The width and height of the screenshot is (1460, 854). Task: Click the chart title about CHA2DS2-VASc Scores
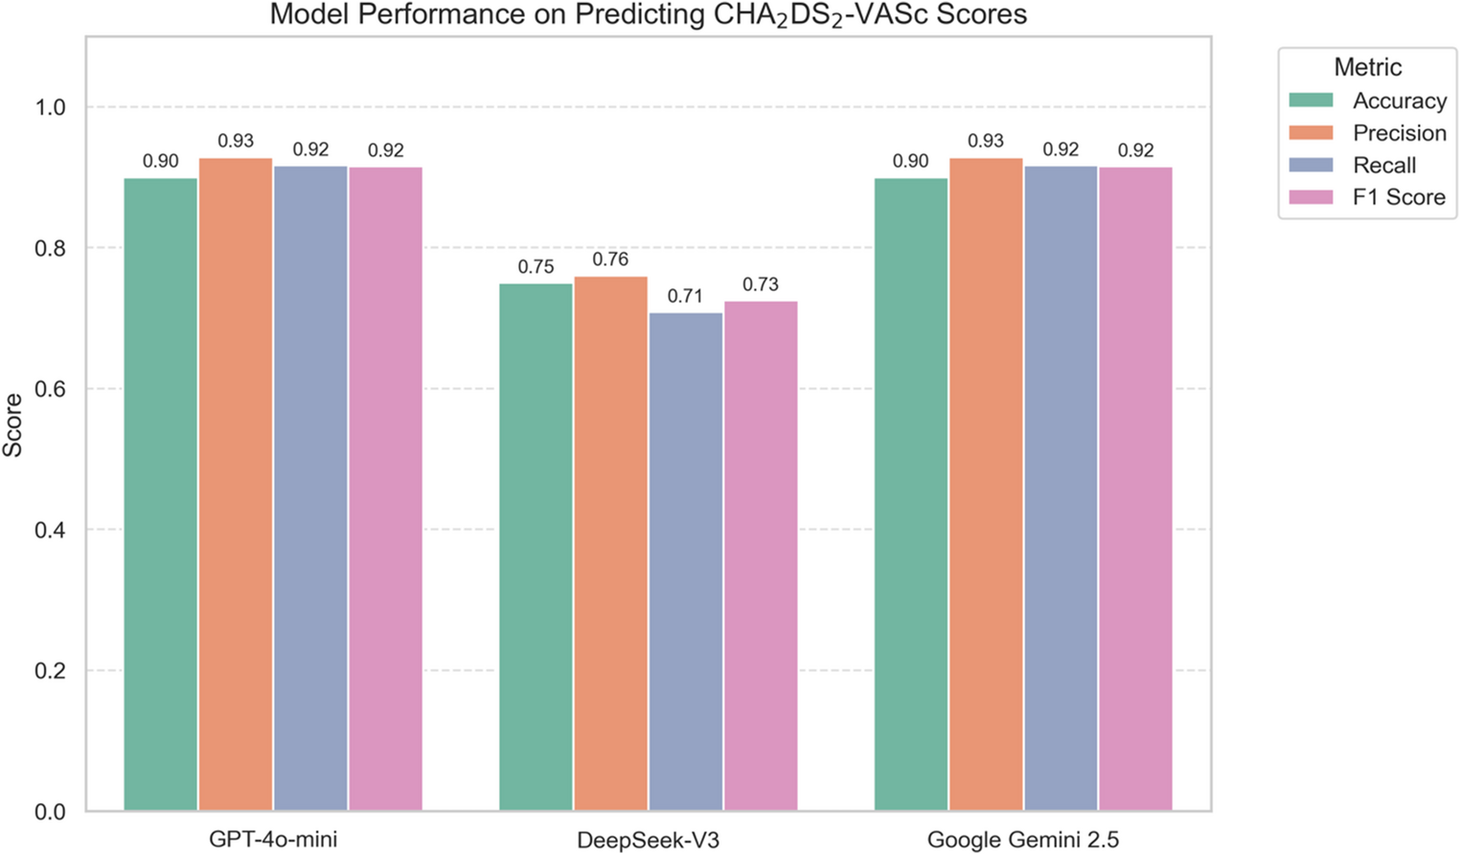coord(648,15)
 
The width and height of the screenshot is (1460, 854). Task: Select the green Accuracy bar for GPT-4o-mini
coord(161,494)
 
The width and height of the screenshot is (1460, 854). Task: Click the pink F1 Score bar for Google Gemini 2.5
coord(1135,489)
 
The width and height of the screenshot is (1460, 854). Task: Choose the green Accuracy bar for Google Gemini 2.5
coord(911,494)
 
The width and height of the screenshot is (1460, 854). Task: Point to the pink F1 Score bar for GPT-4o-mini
coord(385,489)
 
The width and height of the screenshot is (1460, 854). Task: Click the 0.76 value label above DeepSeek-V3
coord(610,259)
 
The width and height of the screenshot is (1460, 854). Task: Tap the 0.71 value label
coord(685,296)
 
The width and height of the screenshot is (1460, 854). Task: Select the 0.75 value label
coord(536,267)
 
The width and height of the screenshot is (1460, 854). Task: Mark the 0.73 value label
coord(761,284)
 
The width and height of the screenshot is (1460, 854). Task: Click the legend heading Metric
coord(1367,67)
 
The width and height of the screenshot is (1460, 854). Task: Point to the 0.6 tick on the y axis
coord(50,389)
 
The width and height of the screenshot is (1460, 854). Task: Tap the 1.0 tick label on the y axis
coord(50,107)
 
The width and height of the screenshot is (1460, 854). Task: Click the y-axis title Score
coord(13,425)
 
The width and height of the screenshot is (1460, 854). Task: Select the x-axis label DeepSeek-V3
coord(648,841)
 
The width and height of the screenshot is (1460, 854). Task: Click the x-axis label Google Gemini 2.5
coord(1022,841)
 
